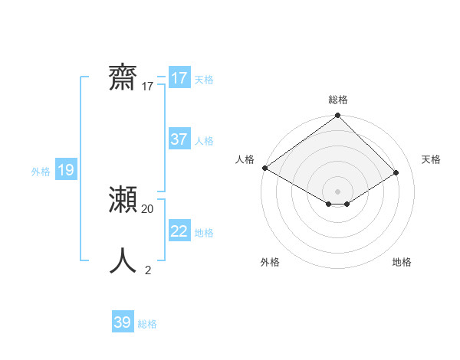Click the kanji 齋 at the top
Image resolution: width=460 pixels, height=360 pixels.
[x=123, y=78]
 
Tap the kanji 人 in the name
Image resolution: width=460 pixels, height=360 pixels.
[x=123, y=261]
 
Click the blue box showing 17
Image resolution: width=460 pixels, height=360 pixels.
[x=179, y=78]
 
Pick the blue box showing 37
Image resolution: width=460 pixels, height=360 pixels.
[x=179, y=139]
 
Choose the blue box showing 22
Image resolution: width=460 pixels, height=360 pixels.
[x=179, y=231]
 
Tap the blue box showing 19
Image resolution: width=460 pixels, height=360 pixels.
[x=66, y=170]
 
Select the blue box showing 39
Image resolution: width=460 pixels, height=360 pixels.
[x=123, y=322]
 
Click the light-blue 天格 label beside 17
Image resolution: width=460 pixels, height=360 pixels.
[x=204, y=80]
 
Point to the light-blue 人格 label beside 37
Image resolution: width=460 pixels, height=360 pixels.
[x=204, y=141]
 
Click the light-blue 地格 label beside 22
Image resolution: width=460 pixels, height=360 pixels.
[x=204, y=233]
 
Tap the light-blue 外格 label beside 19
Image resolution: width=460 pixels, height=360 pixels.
[x=41, y=172]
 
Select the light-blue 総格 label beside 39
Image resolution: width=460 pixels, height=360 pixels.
[x=147, y=324]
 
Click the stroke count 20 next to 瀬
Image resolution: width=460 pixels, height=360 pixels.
[x=148, y=208]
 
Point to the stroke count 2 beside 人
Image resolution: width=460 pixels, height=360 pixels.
[x=148, y=270]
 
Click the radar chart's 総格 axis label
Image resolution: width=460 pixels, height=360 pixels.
[x=338, y=100]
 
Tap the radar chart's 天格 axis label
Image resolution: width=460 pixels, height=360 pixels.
[x=432, y=159]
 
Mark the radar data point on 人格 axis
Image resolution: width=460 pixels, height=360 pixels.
[x=264, y=168]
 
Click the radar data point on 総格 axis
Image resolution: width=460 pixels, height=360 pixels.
[x=338, y=116]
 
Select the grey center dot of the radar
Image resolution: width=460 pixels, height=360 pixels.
[x=338, y=191]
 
